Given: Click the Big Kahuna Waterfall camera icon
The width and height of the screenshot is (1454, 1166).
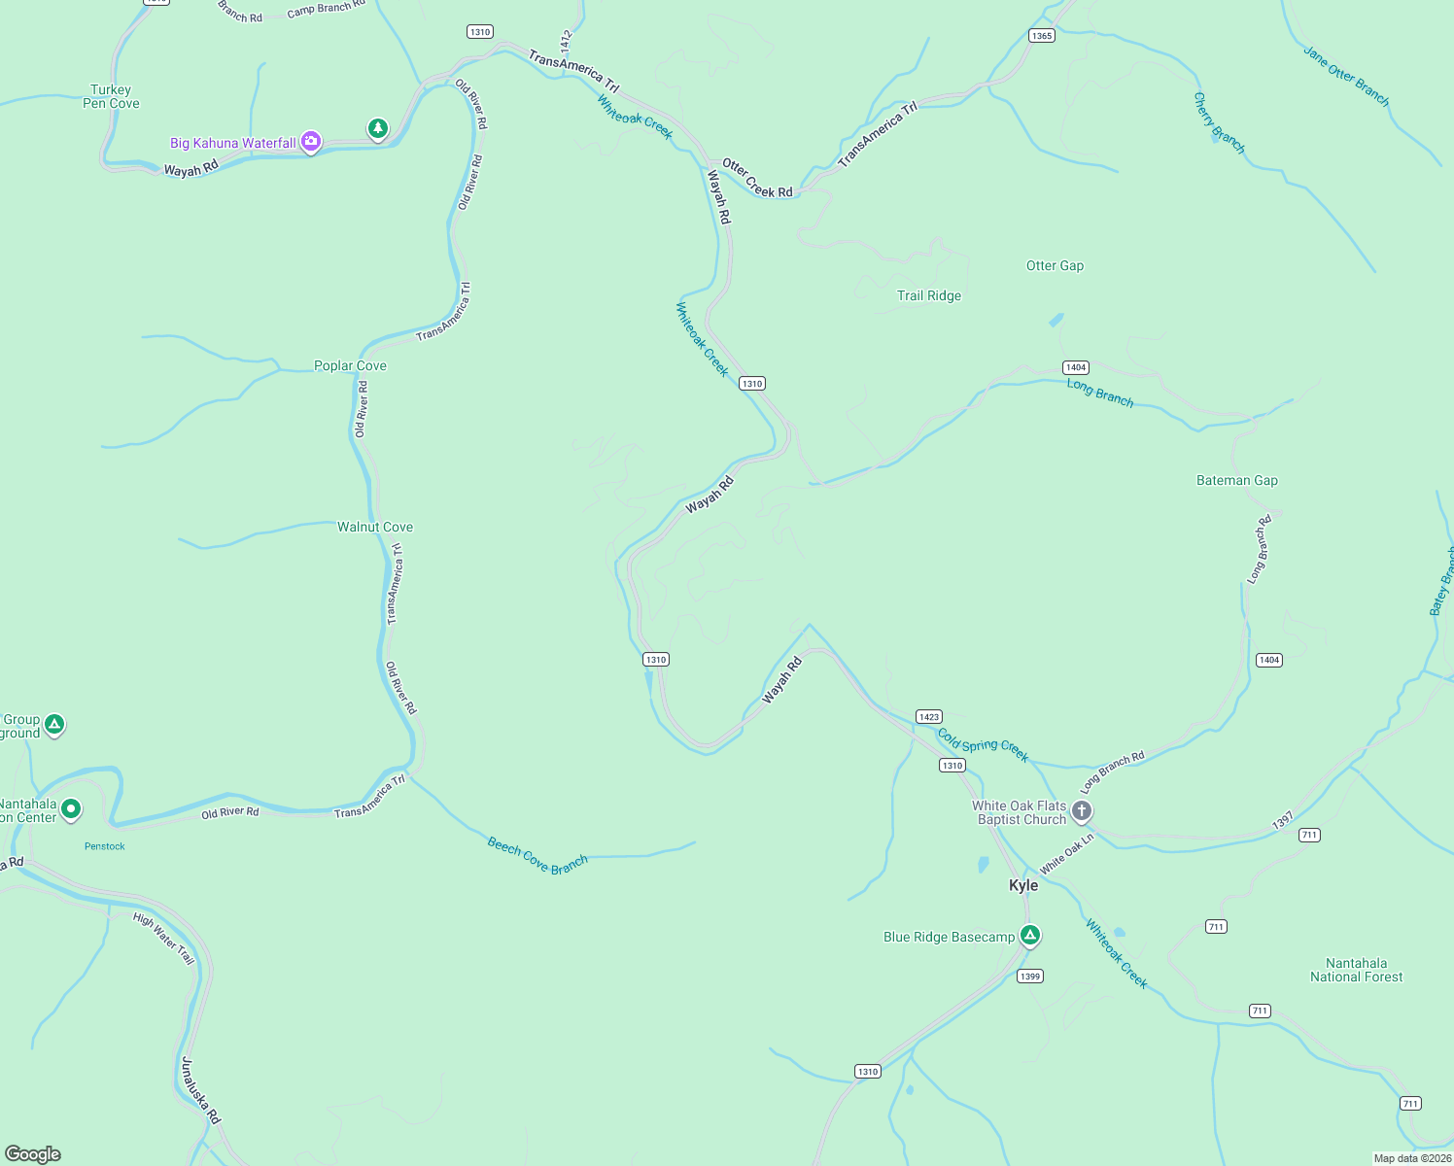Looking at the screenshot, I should [x=311, y=143].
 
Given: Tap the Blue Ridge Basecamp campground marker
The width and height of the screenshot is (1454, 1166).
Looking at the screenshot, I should [x=1030, y=936].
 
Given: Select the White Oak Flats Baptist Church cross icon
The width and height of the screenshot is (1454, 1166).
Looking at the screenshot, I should [x=1081, y=810].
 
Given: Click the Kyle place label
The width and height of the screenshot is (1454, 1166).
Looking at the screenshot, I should [x=1023, y=885].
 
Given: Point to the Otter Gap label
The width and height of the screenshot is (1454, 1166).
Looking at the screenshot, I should [x=1055, y=265].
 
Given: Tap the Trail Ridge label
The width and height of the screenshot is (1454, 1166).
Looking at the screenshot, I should [x=929, y=295].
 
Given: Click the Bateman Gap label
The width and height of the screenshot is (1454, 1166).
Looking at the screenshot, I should [x=1236, y=480].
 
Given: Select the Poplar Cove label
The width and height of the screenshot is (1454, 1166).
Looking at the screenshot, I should [x=350, y=365].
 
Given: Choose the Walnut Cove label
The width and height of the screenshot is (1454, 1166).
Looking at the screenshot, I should [x=375, y=527].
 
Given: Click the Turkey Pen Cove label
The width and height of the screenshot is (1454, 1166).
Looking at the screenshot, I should [x=111, y=96].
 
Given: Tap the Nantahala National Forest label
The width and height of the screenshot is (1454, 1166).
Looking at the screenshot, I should [x=1356, y=970].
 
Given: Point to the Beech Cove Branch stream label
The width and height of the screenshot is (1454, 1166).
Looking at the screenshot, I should [x=537, y=855].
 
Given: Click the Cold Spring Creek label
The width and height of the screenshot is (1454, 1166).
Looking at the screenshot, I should [x=983, y=745].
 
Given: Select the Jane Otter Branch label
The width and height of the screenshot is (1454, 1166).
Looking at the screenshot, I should [x=1346, y=76].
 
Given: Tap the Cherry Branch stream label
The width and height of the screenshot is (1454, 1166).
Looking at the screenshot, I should [x=1219, y=122].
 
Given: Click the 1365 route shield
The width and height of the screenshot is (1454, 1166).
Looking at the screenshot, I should [x=1041, y=36].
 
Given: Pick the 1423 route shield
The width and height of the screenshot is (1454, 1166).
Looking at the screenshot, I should [x=928, y=717].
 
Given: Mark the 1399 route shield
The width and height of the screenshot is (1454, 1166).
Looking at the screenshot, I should [x=1030, y=977].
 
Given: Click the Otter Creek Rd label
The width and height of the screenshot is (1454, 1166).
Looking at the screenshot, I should [x=757, y=179].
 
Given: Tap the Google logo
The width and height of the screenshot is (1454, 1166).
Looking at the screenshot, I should [x=33, y=1154].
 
